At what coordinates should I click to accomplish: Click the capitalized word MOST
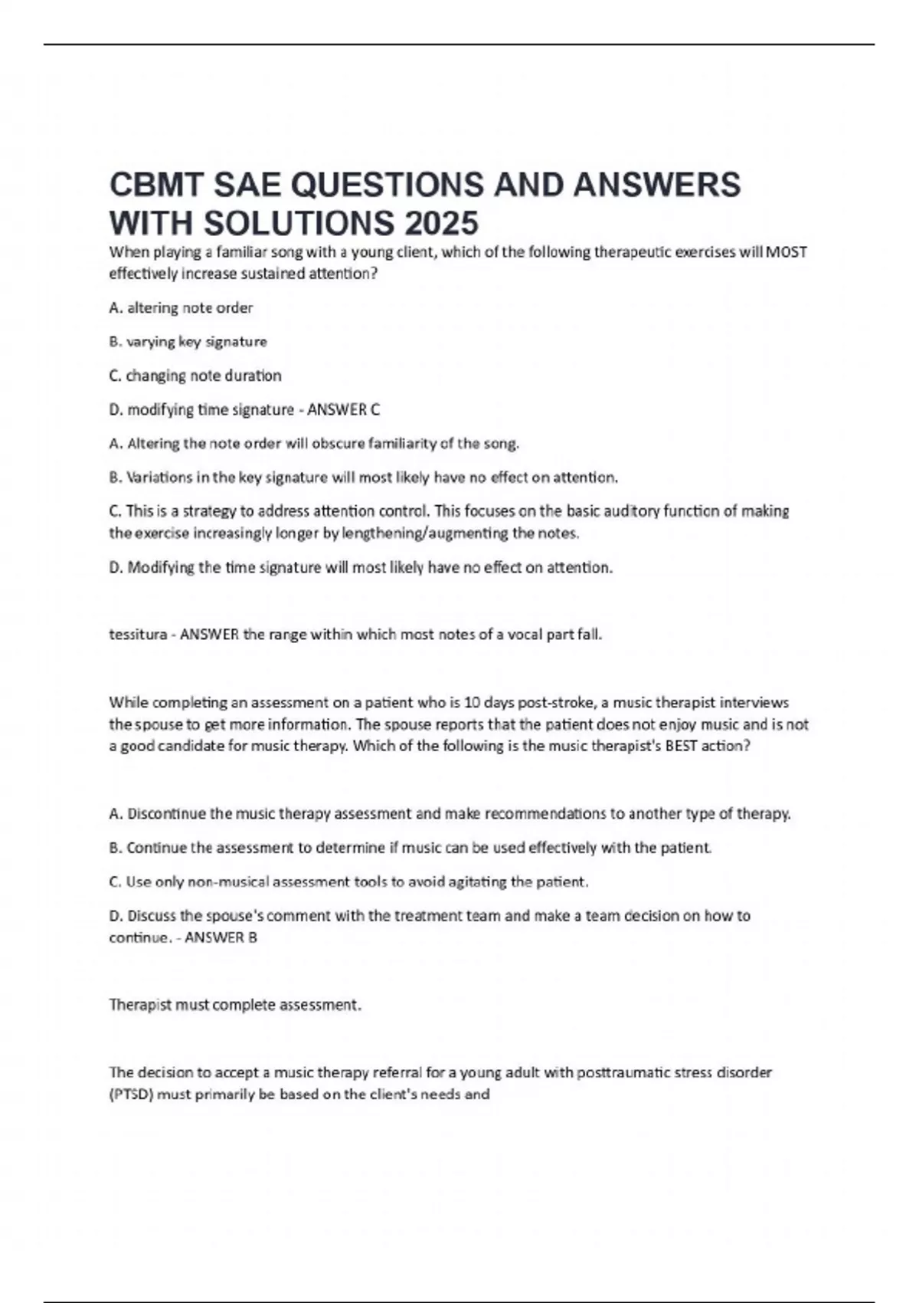tap(787, 252)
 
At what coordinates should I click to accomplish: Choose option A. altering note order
tap(181, 308)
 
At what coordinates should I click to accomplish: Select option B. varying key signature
tap(188, 342)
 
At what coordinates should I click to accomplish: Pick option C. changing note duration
tap(195, 376)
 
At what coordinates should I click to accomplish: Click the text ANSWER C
tap(343, 410)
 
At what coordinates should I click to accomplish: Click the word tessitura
tap(138, 635)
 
